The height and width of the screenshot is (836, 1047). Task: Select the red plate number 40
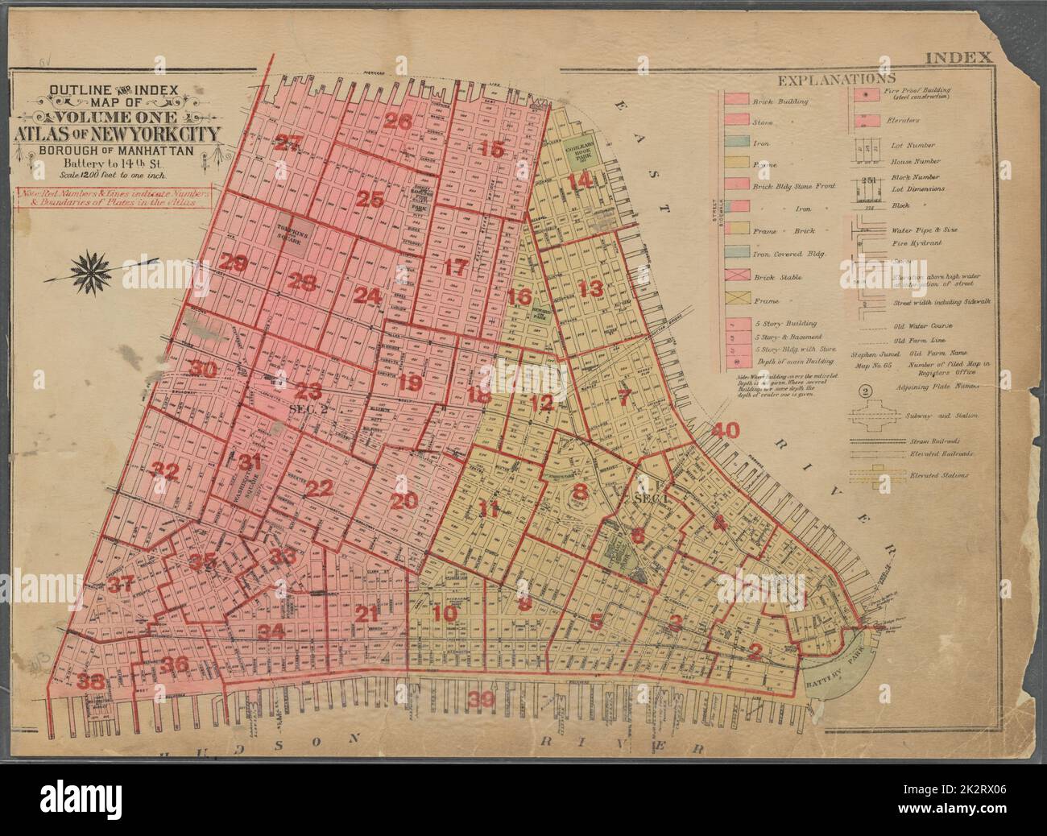click(725, 430)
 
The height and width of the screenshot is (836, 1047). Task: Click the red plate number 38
click(92, 681)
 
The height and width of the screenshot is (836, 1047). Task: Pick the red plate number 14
click(578, 182)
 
